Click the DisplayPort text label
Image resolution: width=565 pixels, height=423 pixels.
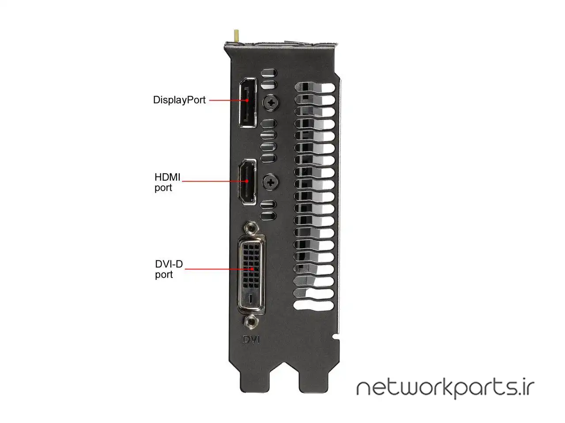(179, 100)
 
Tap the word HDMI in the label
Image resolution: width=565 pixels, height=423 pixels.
(167, 177)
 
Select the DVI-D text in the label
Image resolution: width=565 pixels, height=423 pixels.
(169, 264)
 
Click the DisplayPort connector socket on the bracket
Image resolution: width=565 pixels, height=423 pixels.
(248, 103)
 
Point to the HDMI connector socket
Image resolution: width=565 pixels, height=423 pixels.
(247, 182)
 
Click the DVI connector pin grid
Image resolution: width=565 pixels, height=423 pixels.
(251, 266)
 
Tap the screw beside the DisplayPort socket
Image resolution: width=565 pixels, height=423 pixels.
(271, 103)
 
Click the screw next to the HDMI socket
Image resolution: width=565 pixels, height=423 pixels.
(270, 182)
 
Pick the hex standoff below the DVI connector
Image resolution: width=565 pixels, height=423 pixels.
(251, 321)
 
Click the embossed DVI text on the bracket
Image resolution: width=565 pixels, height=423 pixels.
(251, 340)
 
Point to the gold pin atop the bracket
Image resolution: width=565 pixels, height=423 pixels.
(236, 36)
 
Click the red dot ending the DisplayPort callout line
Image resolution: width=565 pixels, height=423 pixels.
(247, 100)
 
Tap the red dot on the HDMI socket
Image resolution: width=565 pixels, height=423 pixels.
(247, 181)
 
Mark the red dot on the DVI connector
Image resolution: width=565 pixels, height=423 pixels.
(252, 269)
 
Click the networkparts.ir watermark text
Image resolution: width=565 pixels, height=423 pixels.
(445, 389)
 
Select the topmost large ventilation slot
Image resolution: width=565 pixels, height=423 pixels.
(315, 88)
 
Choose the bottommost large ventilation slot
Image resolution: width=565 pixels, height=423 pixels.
(313, 305)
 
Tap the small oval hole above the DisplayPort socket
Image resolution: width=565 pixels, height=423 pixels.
(269, 73)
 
